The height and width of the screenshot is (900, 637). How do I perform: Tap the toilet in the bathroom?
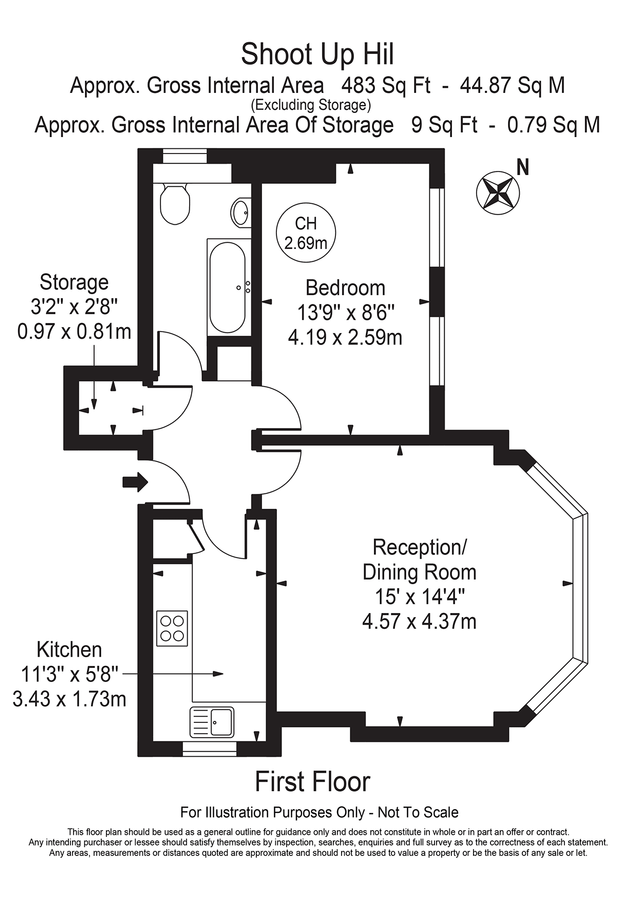pos(174,203)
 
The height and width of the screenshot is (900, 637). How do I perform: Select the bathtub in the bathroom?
pos(228,287)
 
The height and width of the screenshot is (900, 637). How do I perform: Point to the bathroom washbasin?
pos(241,212)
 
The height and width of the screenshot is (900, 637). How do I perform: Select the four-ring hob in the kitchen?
pos(172,626)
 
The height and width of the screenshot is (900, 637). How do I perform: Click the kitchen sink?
pos(213,718)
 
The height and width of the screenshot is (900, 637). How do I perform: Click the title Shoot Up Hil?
pos(317,52)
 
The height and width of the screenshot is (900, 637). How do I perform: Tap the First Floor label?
pos(312,781)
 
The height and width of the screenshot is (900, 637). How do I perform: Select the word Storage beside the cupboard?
pos(74,282)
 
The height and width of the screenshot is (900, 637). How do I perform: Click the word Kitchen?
pos(69,650)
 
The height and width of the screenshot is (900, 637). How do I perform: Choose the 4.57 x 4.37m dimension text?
pos(419,622)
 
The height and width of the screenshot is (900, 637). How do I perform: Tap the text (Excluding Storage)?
pos(311,105)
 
